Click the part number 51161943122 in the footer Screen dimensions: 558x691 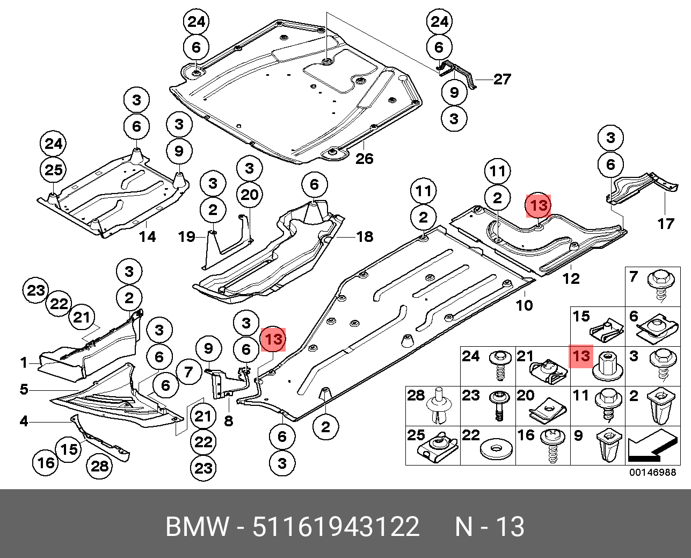(336, 527)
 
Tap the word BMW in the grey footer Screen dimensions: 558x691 (197, 527)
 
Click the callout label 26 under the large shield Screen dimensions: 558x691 (364, 159)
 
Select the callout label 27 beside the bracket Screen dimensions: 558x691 (502, 80)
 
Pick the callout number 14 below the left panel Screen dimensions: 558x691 (147, 236)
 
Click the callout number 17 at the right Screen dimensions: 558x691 (666, 223)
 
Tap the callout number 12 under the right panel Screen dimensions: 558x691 (571, 278)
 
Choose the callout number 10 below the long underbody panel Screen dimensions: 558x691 (524, 305)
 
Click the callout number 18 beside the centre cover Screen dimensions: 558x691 (365, 236)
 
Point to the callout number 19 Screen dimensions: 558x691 (187, 236)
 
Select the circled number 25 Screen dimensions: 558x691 (53, 170)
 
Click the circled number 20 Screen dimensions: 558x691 (249, 195)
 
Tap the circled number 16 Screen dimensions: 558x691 (46, 462)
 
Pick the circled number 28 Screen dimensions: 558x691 (100, 466)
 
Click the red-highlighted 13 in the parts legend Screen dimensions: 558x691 (581, 356)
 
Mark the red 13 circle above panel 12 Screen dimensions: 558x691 (539, 205)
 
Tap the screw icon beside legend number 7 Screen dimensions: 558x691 (659, 284)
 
